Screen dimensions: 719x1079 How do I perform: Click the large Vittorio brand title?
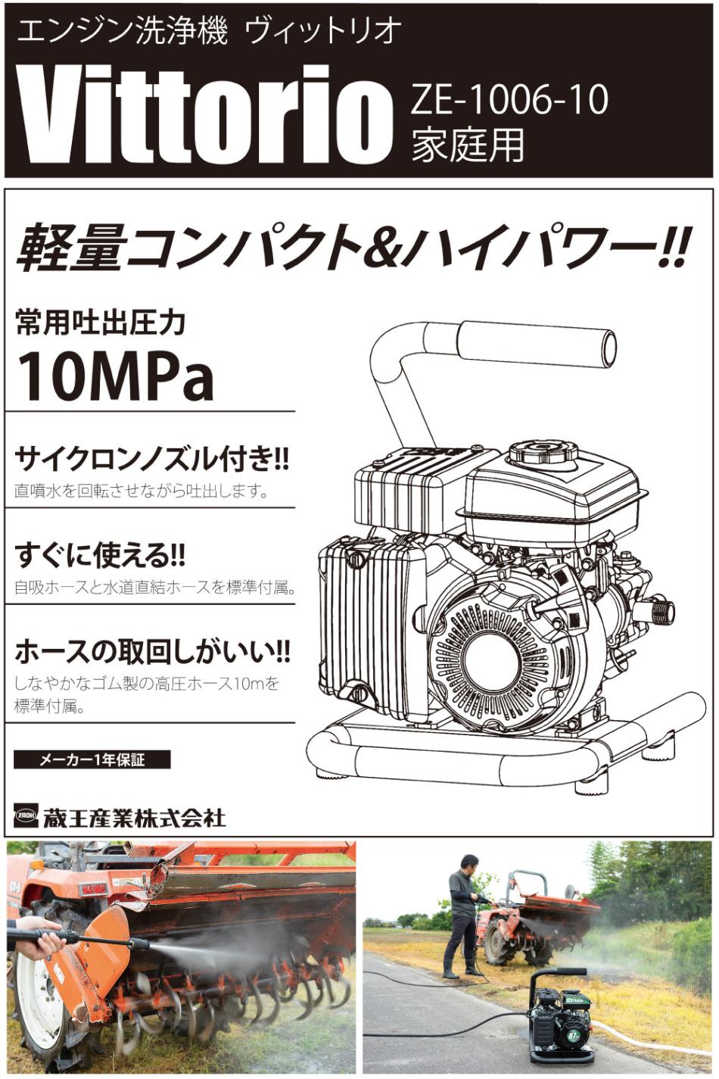[x=198, y=116]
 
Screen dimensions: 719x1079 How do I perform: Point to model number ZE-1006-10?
[x=509, y=101]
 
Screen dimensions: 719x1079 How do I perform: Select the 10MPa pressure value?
[x=115, y=376]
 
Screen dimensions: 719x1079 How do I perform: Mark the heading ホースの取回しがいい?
[x=152, y=652]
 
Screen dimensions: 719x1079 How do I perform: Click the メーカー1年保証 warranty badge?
[x=92, y=760]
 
